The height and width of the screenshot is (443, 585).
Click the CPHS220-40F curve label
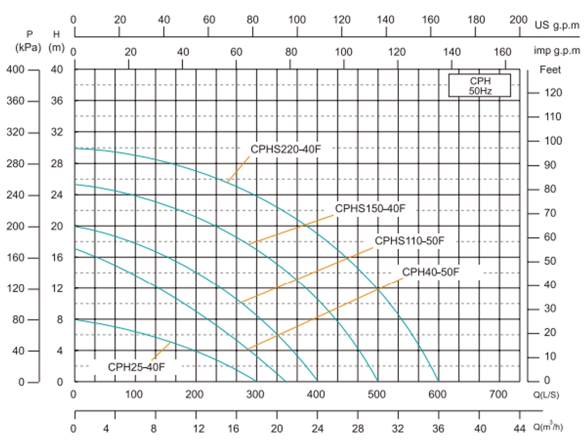pyautogui.click(x=286, y=148)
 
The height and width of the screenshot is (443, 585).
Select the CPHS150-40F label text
pyautogui.click(x=370, y=209)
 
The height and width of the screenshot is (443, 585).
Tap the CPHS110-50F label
pyautogui.click(x=410, y=241)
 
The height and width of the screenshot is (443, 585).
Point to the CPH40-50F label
pyautogui.click(x=431, y=272)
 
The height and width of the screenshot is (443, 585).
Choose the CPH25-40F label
pyautogui.click(x=136, y=367)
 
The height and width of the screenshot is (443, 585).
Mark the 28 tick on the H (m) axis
pyautogui.click(x=57, y=164)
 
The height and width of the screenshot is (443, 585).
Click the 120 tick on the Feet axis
pyautogui.click(x=552, y=93)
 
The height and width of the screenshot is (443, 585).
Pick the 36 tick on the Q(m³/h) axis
pyautogui.click(x=439, y=428)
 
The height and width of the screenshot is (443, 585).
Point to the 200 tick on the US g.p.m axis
pyautogui.click(x=518, y=19)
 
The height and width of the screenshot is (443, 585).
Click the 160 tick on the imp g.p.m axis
pyautogui.click(x=504, y=52)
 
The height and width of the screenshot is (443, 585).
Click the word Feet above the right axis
pyautogui.click(x=550, y=70)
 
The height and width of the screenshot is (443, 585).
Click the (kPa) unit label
pyautogui.click(x=29, y=47)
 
